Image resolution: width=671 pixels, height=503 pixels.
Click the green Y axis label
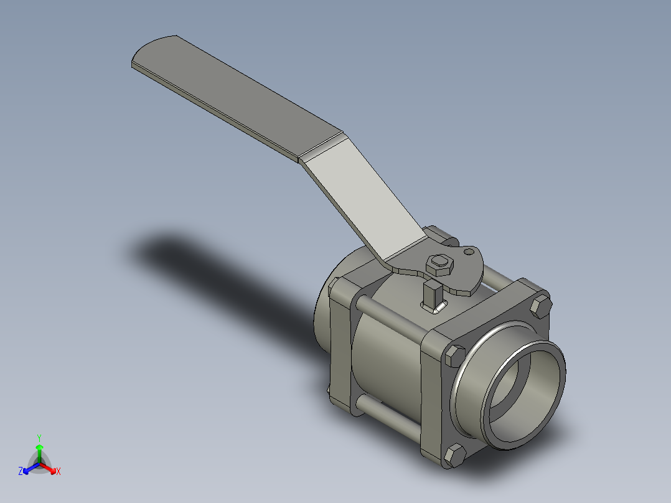pos(39,437)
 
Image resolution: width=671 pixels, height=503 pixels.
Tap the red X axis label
pos(59,472)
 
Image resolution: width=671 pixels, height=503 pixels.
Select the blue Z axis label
pos(21,472)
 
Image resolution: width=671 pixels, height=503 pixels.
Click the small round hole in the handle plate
pos(467,253)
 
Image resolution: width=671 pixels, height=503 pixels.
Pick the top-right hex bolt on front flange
pos(540,307)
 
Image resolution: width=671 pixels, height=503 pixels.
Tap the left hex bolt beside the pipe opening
pos(454,355)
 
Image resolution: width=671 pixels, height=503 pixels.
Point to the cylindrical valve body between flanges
pos(386,367)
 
